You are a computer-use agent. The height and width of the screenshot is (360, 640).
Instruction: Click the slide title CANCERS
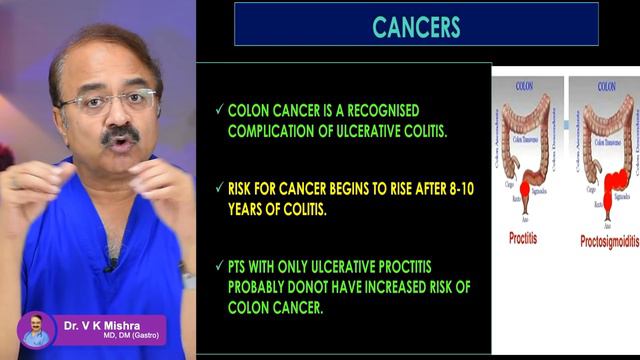(416, 25)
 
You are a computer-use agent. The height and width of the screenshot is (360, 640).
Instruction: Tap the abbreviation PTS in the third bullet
(242, 266)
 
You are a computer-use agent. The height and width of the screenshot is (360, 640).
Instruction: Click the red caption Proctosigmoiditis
(602, 241)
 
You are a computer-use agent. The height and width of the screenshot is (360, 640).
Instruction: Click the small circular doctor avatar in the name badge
(37, 329)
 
